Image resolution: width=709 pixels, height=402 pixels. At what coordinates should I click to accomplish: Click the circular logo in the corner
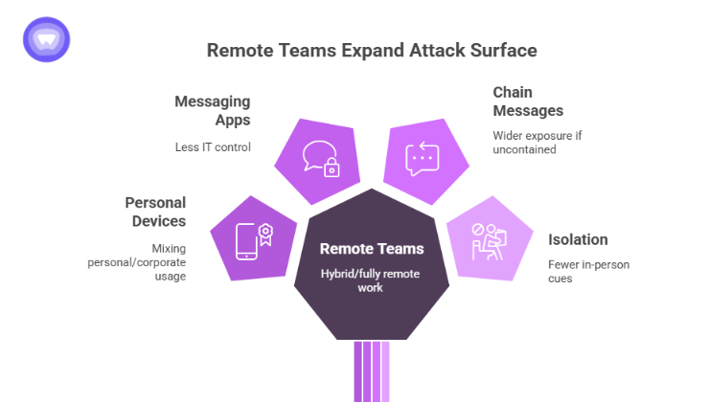click(x=46, y=39)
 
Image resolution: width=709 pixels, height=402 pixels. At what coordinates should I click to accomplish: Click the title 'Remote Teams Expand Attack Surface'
click(x=372, y=50)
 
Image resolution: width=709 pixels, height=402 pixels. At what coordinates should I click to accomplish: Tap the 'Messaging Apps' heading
click(x=212, y=110)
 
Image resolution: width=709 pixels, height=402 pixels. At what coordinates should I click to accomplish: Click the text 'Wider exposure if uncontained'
click(x=537, y=143)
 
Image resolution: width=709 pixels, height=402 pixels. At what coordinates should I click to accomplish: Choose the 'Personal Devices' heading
click(x=155, y=212)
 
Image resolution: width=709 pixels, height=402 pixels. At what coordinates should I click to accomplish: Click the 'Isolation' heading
click(x=578, y=239)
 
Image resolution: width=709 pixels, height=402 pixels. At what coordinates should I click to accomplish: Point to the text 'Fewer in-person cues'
click(x=588, y=271)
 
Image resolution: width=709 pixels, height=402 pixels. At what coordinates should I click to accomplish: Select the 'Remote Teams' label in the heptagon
click(x=371, y=249)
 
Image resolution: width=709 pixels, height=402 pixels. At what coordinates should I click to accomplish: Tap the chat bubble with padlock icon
click(x=320, y=159)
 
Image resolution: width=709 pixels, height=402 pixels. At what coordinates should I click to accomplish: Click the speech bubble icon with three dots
click(x=423, y=158)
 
